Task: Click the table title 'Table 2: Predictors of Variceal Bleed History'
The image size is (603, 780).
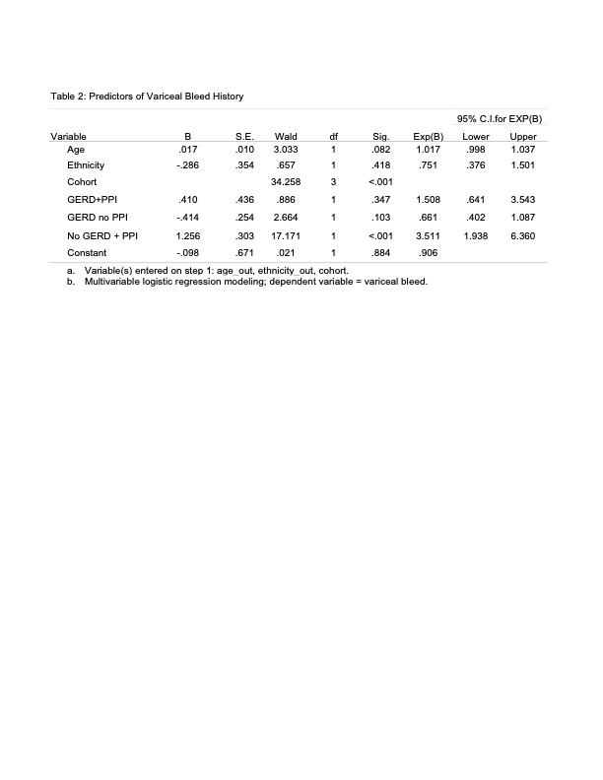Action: [x=147, y=97]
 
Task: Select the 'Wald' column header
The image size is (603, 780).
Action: [x=286, y=135]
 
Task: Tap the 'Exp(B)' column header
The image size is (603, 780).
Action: [x=428, y=135]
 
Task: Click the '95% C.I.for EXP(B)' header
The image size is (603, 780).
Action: [x=500, y=118]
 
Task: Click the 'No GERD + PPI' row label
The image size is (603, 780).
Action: [x=97, y=235]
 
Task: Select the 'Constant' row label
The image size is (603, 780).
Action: [x=86, y=252]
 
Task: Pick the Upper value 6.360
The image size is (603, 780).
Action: [x=523, y=235]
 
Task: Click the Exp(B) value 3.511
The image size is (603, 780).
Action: [x=428, y=235]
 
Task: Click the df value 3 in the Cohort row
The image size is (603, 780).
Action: [x=334, y=182]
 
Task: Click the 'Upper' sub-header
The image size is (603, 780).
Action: [x=523, y=135]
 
